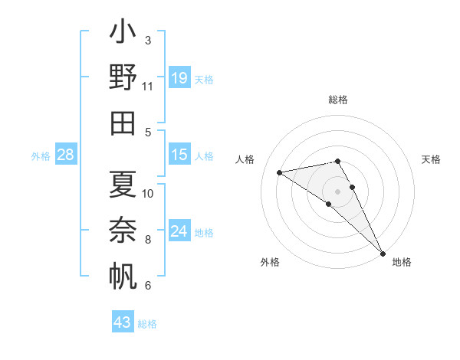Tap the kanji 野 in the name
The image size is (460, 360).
[123, 78]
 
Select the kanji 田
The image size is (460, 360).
[123, 124]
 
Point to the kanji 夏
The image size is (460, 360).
[123, 184]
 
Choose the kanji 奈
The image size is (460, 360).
[123, 230]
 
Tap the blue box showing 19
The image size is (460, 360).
[179, 77]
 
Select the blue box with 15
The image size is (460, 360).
[179, 155]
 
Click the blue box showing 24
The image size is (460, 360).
[179, 231]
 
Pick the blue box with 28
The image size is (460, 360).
[66, 155]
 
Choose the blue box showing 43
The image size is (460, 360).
[123, 322]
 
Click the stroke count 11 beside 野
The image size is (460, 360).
[148, 87]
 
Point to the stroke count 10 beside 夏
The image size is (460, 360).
[148, 193]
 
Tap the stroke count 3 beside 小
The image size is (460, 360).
[147, 40]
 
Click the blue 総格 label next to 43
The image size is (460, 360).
[147, 324]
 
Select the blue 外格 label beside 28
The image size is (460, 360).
[41, 156]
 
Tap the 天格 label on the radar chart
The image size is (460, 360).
[431, 159]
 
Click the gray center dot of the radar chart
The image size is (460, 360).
[338, 191]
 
